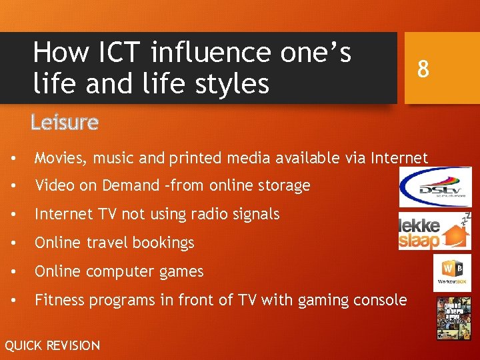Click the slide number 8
pyautogui.click(x=422, y=69)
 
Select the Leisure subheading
pyautogui.click(x=65, y=123)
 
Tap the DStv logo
pyautogui.click(x=435, y=187)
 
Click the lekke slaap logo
pyautogui.click(x=434, y=231)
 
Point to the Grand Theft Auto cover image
pyautogui.click(x=453, y=318)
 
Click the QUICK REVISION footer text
pyautogui.click(x=52, y=345)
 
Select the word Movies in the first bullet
pyautogui.click(x=58, y=158)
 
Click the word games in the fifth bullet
pyautogui.click(x=183, y=272)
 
